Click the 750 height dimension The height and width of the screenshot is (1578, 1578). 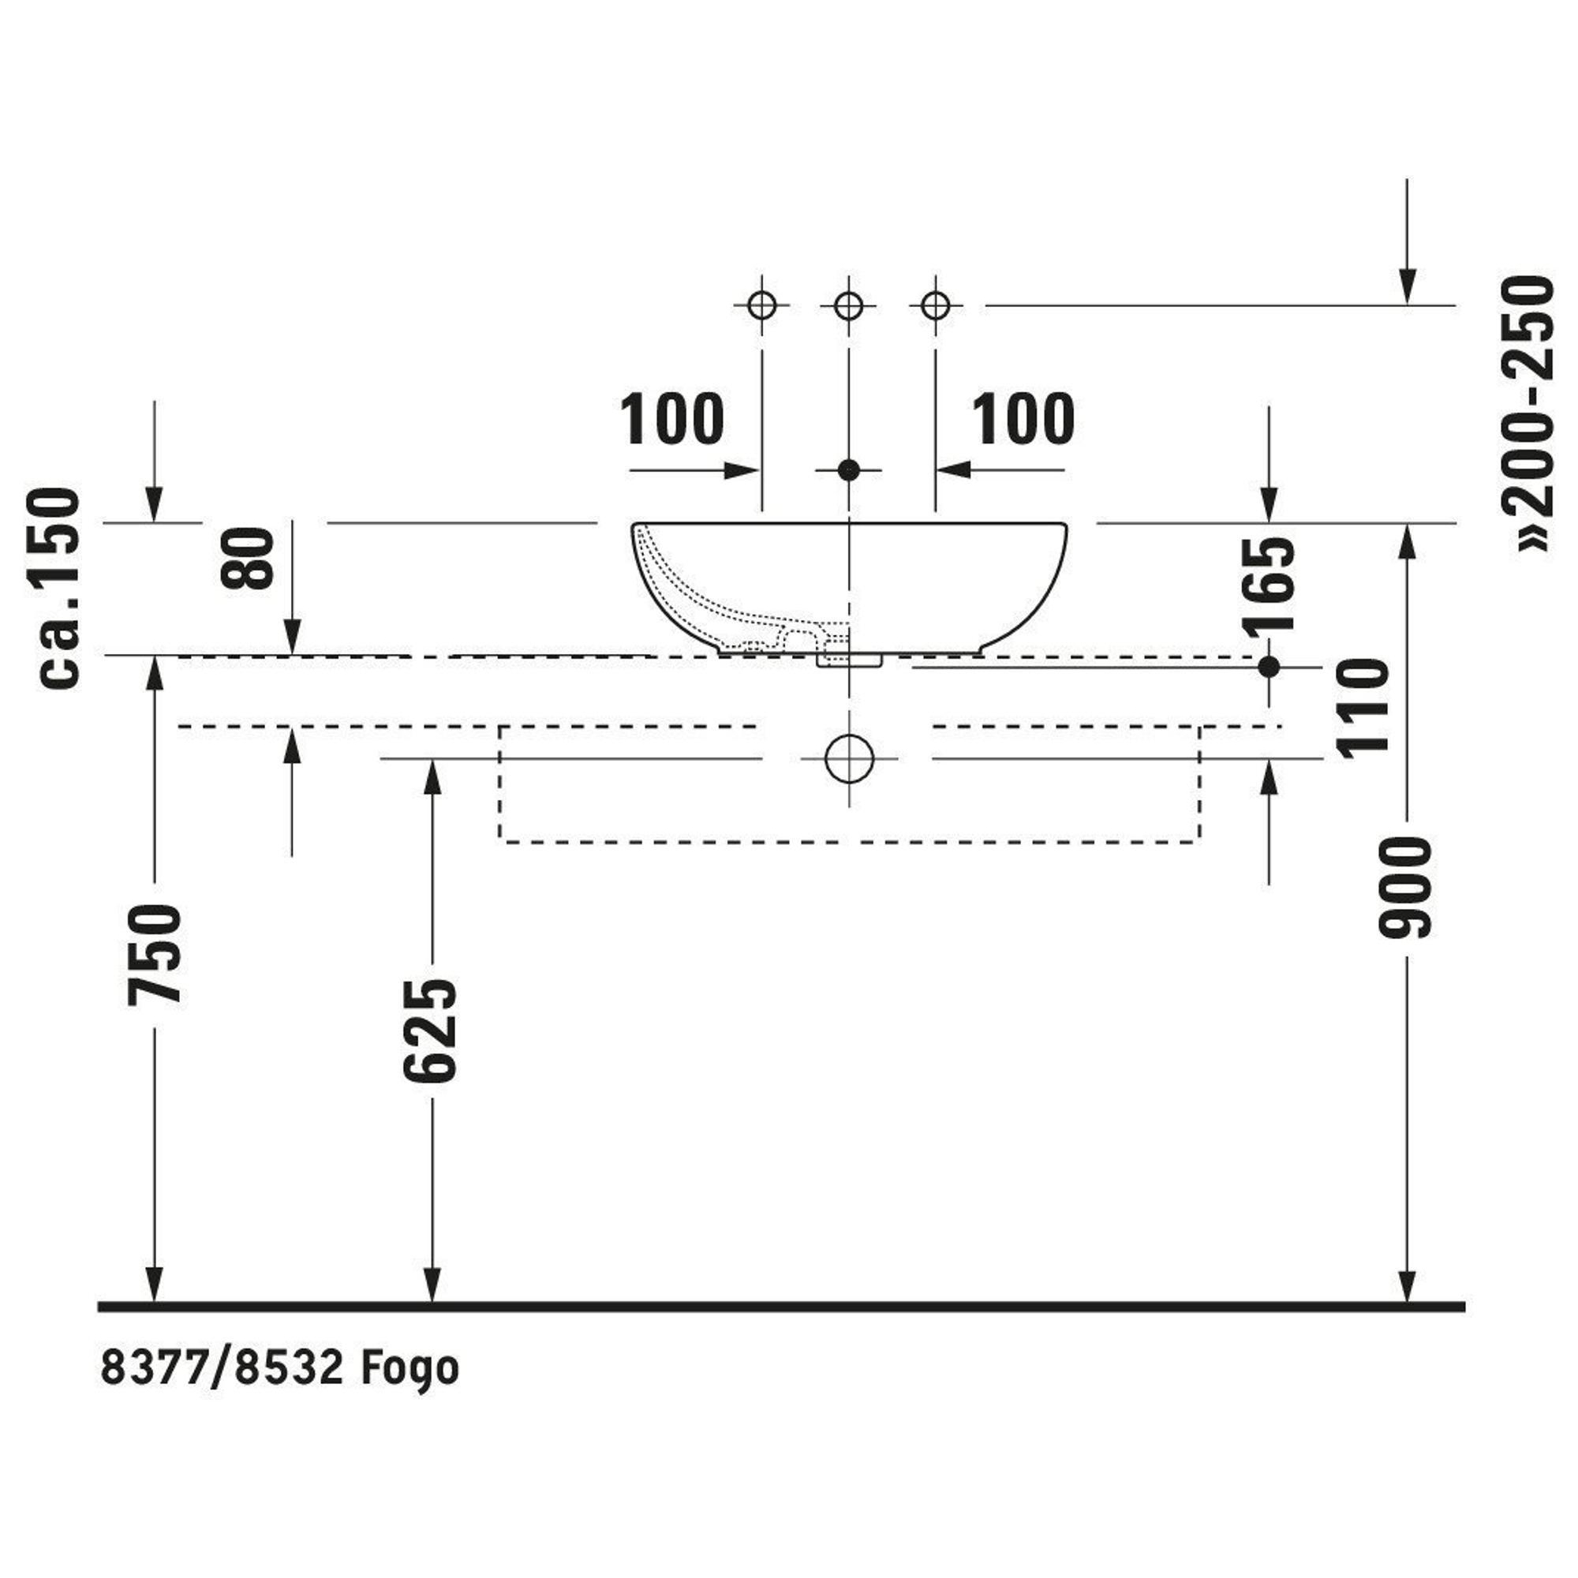pyautogui.click(x=155, y=953)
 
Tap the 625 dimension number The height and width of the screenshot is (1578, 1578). pyautogui.click(x=432, y=1030)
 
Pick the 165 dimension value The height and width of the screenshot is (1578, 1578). pyautogui.click(x=1268, y=585)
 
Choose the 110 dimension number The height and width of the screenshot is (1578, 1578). pyautogui.click(x=1363, y=707)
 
